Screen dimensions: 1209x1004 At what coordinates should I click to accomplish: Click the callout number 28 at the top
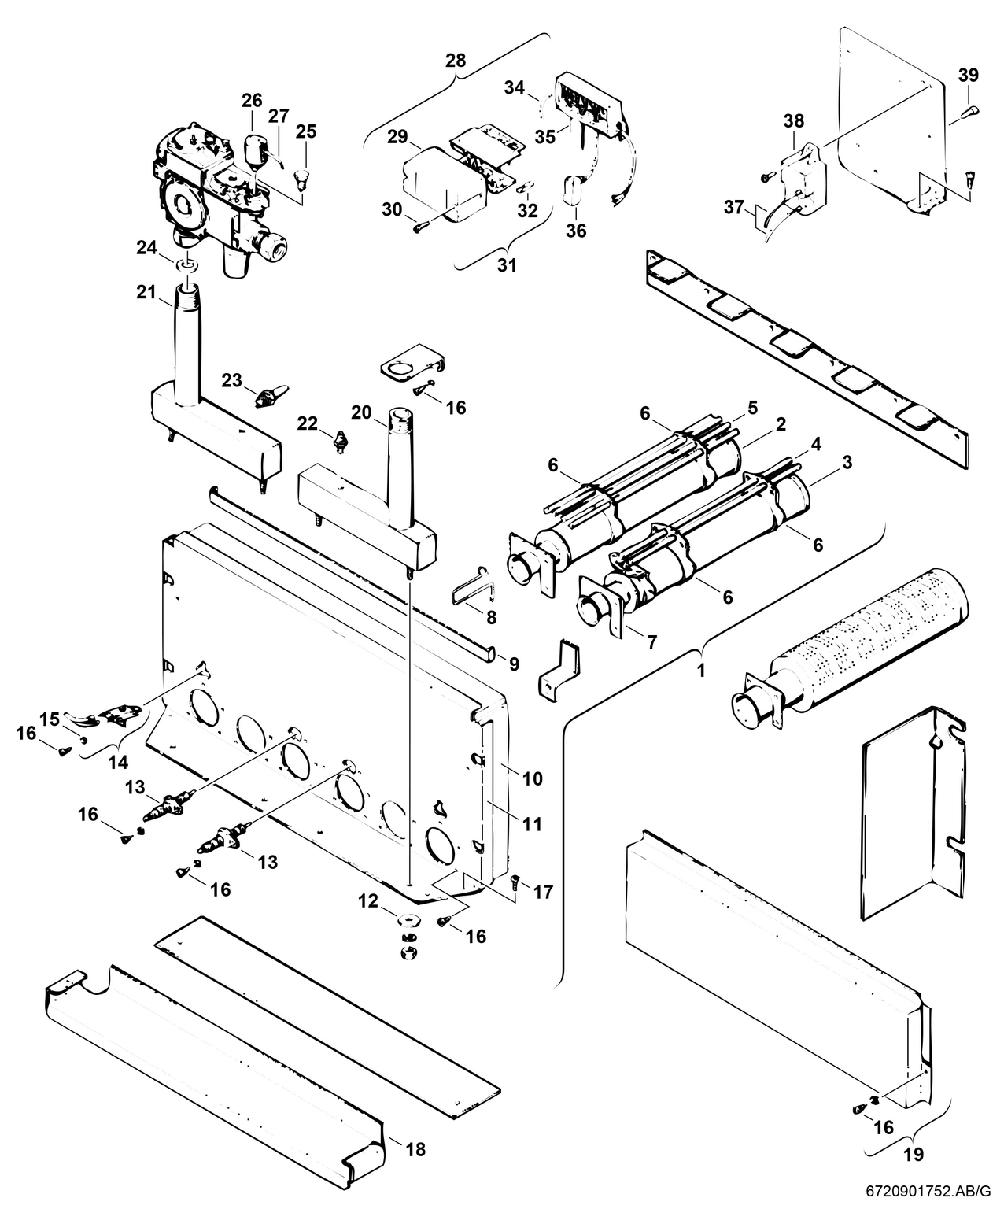pos(455,61)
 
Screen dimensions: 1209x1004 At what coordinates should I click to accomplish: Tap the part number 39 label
pos(969,75)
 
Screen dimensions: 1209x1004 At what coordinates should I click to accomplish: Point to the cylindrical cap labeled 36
pos(572,189)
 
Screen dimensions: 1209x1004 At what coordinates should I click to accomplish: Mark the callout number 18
pos(415,1149)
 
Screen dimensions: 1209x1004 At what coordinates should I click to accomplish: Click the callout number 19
pos(913,1155)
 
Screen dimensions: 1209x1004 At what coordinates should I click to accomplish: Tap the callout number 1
pos(700,672)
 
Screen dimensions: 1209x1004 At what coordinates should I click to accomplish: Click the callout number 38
pos(794,121)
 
